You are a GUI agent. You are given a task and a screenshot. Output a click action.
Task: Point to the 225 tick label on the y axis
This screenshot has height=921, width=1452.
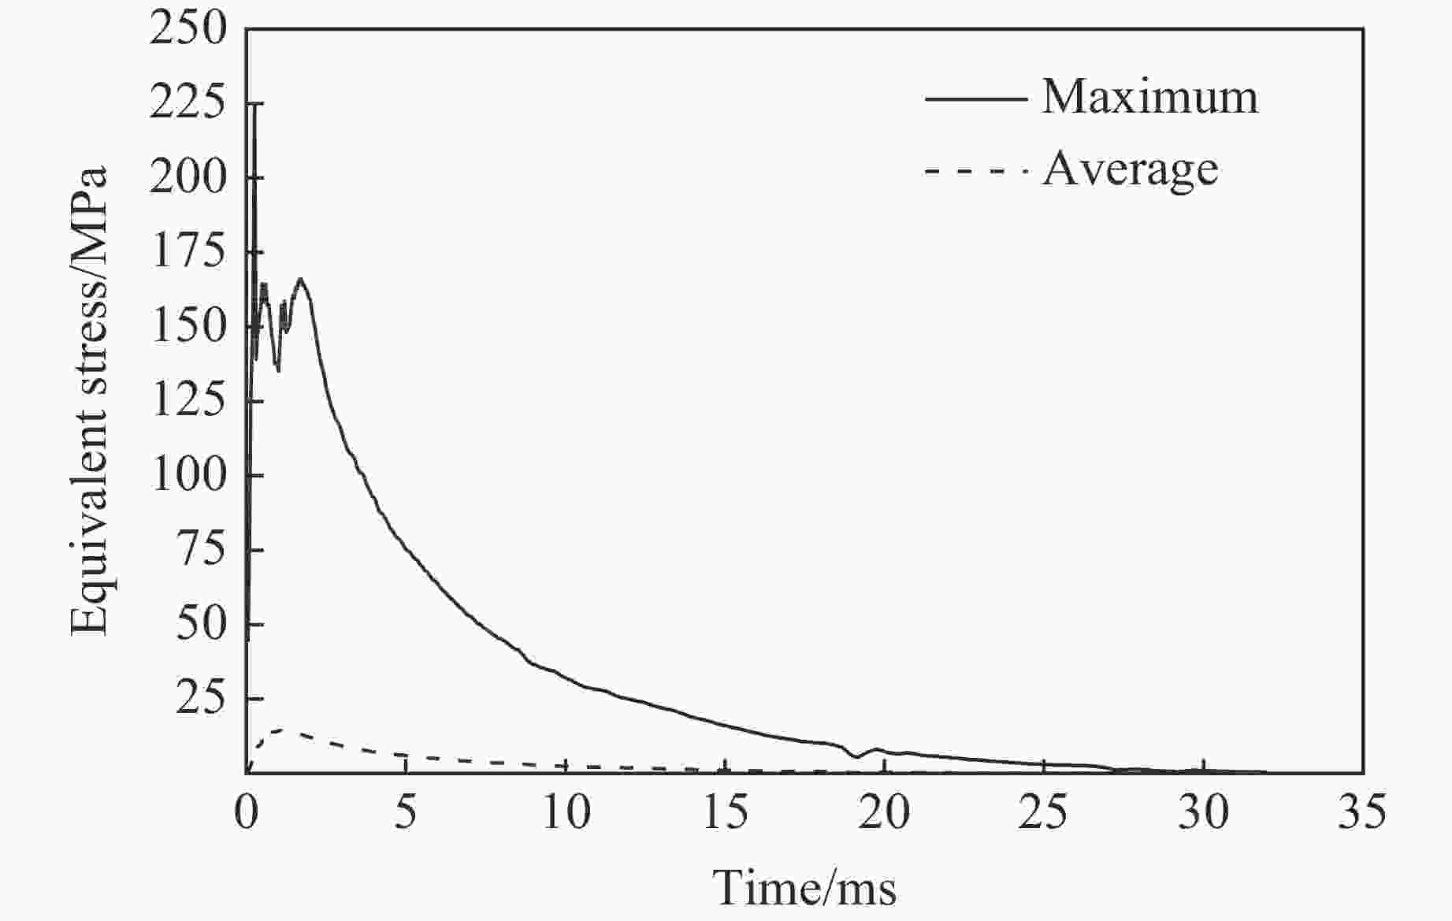[188, 104]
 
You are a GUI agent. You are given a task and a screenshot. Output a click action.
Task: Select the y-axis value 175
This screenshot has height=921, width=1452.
[188, 253]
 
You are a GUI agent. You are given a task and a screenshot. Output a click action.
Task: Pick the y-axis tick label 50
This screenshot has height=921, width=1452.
[200, 625]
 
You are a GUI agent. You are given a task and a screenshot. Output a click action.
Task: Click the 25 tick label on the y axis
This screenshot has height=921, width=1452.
[200, 699]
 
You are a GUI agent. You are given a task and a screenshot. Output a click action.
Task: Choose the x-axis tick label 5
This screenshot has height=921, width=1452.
[405, 812]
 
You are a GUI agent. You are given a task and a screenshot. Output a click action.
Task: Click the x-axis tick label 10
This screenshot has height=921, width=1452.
[566, 812]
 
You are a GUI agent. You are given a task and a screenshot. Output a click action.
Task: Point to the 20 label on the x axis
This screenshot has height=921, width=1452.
[885, 812]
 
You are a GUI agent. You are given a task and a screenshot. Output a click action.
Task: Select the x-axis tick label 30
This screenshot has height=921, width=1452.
[1203, 812]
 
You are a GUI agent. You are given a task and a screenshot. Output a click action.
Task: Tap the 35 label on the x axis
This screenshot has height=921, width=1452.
[1362, 812]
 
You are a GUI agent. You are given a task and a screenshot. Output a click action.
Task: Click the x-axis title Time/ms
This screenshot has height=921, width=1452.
[804, 889]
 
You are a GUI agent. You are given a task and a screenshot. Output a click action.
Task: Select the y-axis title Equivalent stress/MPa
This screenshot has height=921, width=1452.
[88, 400]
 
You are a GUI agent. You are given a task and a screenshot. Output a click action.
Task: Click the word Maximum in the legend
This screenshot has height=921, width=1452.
[1149, 98]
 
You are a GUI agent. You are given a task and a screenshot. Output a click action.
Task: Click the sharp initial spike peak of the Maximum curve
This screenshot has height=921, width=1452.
[254, 106]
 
